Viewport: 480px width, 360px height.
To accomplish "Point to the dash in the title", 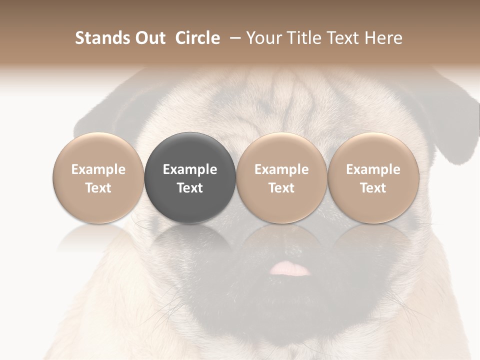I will pyautogui.click(x=233, y=38).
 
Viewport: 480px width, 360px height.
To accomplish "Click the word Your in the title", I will pyautogui.click(x=262, y=38).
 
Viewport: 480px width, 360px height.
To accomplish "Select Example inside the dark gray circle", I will pyautogui.click(x=190, y=169).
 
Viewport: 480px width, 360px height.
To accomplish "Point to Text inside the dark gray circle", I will pyautogui.click(x=190, y=188).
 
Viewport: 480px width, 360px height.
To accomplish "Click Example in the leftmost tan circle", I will pyautogui.click(x=98, y=169).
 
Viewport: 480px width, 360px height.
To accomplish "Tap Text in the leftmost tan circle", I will pyautogui.click(x=98, y=188).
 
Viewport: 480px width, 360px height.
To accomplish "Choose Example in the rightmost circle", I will pyautogui.click(x=373, y=169).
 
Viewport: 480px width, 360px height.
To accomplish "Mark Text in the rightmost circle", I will pyautogui.click(x=373, y=188).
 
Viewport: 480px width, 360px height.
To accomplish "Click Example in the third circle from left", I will pyautogui.click(x=281, y=169).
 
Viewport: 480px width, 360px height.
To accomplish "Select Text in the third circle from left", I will pyautogui.click(x=281, y=188).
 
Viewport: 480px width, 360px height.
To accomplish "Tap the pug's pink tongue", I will pyautogui.click(x=289, y=269).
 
